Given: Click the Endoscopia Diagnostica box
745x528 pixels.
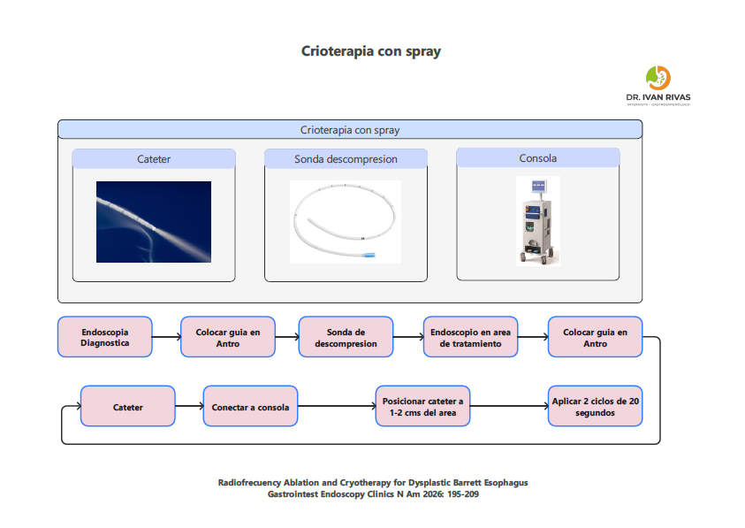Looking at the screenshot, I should [x=105, y=337].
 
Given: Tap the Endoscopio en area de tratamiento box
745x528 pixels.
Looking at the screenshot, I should [x=470, y=337].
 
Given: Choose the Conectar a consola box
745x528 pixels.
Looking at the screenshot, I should [x=250, y=407].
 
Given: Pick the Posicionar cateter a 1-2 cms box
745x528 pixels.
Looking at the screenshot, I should [x=421, y=407].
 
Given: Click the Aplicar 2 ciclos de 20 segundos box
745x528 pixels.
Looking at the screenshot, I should [x=595, y=407].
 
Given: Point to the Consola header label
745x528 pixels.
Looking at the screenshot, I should [x=537, y=158].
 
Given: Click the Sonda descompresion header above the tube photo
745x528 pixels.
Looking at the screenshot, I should [x=346, y=159].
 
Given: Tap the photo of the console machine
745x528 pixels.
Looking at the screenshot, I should [x=537, y=221].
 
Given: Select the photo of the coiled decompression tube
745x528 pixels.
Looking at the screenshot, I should [x=345, y=222].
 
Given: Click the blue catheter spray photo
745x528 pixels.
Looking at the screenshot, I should [x=154, y=222].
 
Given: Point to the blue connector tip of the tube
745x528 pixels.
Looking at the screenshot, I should [x=368, y=256].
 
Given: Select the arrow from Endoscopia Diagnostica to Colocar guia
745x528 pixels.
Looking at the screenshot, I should [x=166, y=337].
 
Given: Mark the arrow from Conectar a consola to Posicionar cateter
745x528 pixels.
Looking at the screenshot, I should [x=336, y=407].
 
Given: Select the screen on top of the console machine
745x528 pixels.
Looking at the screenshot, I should [x=538, y=187].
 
